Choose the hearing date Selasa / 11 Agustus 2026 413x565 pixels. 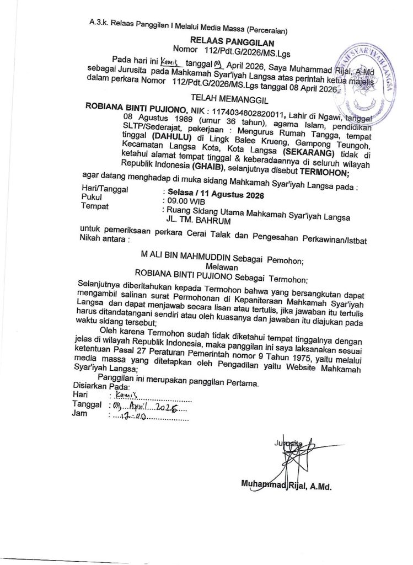[x=214, y=195]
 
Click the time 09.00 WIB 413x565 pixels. [x=182, y=202]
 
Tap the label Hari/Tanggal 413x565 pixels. [x=105, y=189]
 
